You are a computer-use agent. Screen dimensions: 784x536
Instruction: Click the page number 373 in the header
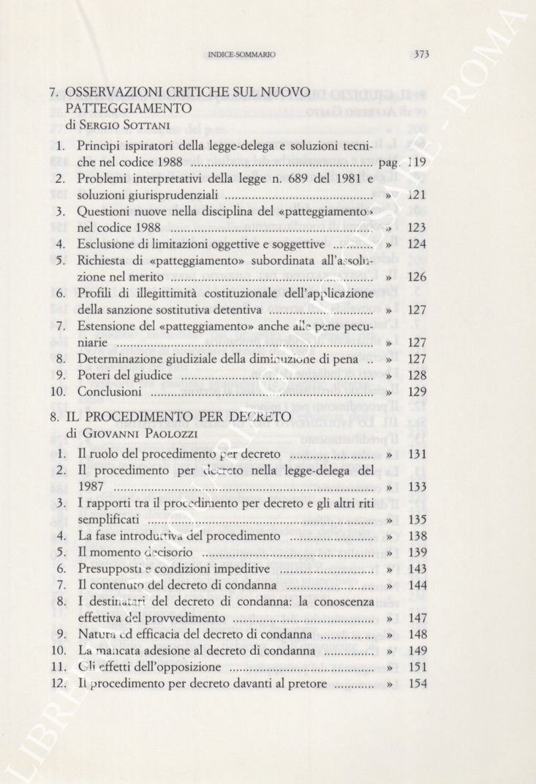coord(420,53)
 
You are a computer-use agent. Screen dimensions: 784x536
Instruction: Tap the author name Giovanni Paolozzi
coord(131,433)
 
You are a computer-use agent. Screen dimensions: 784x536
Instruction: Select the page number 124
coord(417,244)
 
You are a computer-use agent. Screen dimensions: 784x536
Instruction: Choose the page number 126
coord(417,277)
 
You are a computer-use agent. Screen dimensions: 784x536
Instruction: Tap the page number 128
coord(417,375)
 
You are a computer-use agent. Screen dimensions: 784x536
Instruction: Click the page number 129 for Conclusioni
coord(417,392)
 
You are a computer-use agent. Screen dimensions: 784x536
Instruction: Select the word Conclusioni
coord(110,392)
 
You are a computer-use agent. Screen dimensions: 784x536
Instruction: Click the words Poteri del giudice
coord(125,375)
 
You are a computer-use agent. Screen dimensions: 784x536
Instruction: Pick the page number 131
coord(417,454)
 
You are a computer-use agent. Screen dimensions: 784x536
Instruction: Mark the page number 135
coord(417,520)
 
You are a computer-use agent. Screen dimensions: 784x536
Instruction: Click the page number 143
coord(417,569)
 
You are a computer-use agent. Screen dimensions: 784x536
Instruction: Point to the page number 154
coord(417,684)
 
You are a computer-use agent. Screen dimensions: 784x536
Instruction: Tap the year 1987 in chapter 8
coord(91,487)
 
